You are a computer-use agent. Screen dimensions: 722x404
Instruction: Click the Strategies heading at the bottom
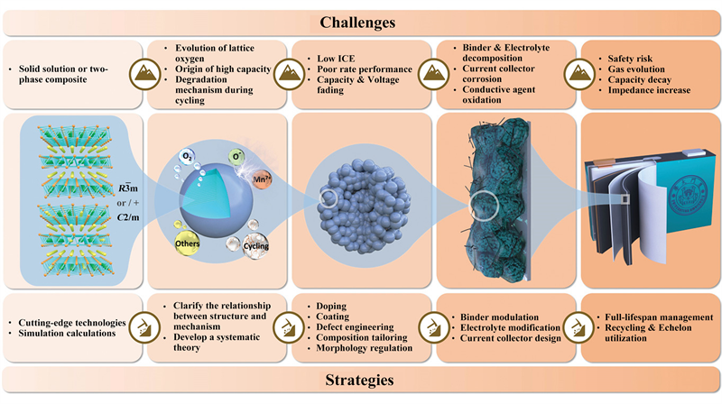coord(361,381)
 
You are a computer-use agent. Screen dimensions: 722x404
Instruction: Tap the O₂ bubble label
coord(188,158)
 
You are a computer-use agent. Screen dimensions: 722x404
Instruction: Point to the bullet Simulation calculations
coord(68,333)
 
